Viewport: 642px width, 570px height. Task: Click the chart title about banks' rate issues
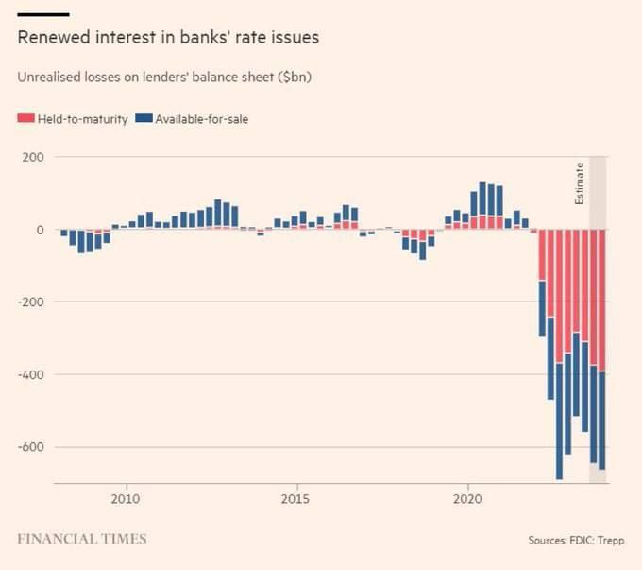pos(168,39)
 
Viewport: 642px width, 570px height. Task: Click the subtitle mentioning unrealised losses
pos(164,77)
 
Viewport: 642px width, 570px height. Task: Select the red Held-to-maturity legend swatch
pos(25,119)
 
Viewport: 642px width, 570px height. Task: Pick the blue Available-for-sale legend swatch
pos(144,119)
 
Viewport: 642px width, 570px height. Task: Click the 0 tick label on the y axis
pos(39,230)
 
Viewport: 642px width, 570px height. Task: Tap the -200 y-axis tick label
pos(30,302)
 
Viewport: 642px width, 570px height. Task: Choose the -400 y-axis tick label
pos(30,375)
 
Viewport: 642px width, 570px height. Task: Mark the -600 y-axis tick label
pos(30,447)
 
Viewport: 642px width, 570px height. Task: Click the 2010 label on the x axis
pos(126,498)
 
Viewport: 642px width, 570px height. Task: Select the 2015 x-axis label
pos(297,498)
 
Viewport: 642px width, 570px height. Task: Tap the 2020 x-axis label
pos(469,498)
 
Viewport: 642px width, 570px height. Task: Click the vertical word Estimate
pos(580,183)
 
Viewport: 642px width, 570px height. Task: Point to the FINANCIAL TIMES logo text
pos(82,539)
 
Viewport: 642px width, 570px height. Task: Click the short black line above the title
pos(43,14)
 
